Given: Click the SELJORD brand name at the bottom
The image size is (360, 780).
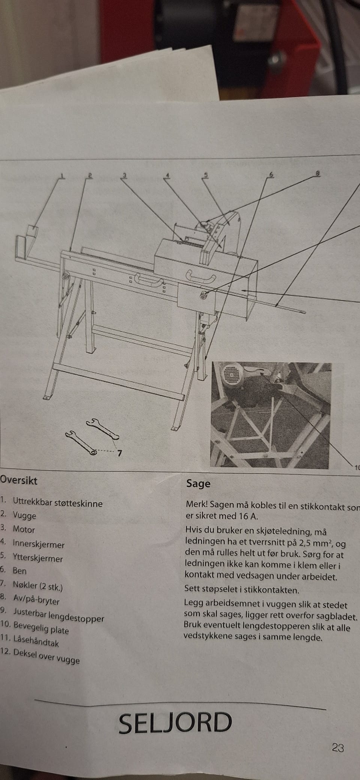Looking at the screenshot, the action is click(x=175, y=723).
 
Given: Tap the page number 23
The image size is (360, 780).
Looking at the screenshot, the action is click(x=338, y=747).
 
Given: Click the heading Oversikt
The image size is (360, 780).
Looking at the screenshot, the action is click(x=19, y=481).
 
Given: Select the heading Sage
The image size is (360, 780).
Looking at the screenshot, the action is click(x=198, y=484).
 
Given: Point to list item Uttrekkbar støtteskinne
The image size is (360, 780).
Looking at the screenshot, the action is click(x=57, y=503).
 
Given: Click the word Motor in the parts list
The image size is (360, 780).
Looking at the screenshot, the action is click(x=24, y=529).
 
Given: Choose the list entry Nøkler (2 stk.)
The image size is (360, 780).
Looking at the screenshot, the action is click(x=37, y=585).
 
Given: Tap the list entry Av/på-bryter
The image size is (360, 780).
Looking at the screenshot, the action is click(x=36, y=600).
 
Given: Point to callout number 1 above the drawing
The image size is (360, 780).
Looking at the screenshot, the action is click(x=62, y=176).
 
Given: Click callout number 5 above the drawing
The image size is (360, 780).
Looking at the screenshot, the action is click(x=205, y=174).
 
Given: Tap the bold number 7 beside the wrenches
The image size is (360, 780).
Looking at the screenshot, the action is click(x=119, y=453).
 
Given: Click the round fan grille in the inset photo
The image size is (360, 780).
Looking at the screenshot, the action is click(x=231, y=376).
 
